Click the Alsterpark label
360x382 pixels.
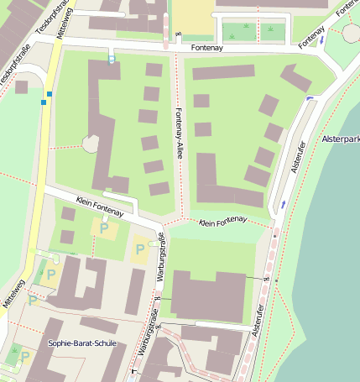pos(340,139)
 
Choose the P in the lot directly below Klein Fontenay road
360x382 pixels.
pos(104,228)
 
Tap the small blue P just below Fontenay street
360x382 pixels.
pos(112,59)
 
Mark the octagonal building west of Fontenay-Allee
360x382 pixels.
pos(91,144)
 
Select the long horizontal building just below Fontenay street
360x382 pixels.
pos(223,72)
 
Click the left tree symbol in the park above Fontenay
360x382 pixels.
pos(245,28)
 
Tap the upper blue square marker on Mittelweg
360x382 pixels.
pos(50,93)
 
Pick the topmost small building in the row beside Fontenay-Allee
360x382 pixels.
pos(154,70)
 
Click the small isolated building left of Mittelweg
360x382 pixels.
pos(21,86)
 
